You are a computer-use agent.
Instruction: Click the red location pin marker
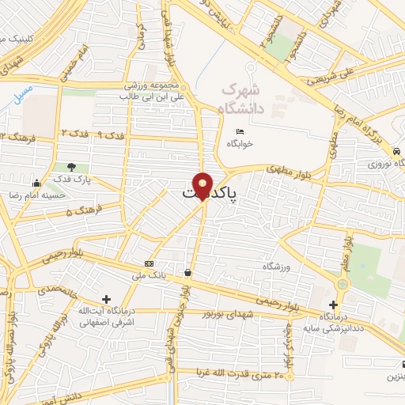click(x=202, y=185)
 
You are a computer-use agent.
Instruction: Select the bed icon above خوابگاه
click(x=240, y=131)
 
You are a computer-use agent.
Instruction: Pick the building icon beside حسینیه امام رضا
click(x=36, y=184)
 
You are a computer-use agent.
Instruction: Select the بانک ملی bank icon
click(x=149, y=263)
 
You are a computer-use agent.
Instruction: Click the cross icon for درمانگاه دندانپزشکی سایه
click(x=333, y=305)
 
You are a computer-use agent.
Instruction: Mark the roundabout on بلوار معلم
click(x=343, y=282)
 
